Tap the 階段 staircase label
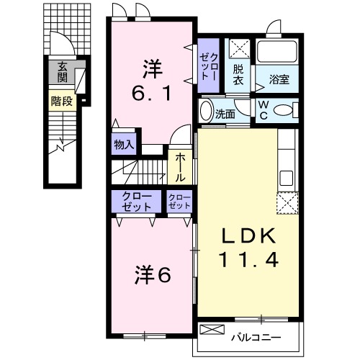coord(61,102)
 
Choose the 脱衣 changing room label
coord(238,75)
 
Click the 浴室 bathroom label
coord(279,80)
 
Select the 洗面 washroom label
coord(225,114)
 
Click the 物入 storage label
coord(123,144)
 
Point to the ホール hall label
coord(180,166)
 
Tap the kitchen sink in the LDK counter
coord(285,176)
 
